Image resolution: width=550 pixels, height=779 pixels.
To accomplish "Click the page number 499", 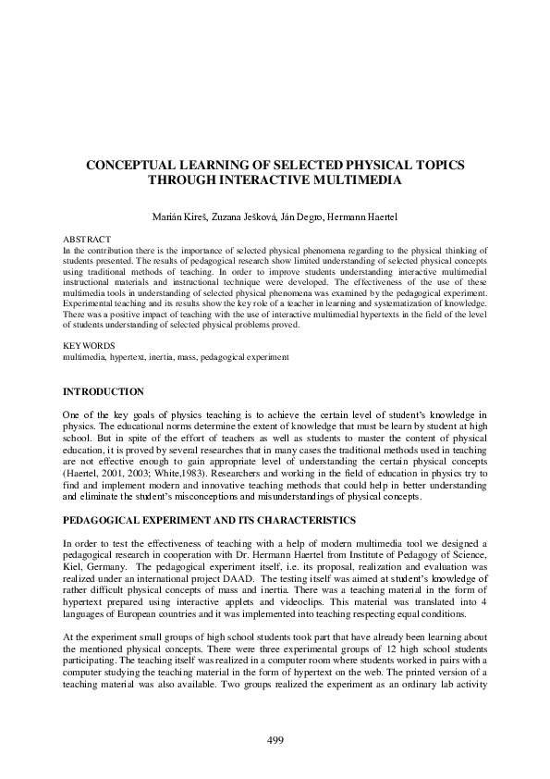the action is (x=275, y=739).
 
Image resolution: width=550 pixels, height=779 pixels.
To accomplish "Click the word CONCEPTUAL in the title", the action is (x=134, y=164).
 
